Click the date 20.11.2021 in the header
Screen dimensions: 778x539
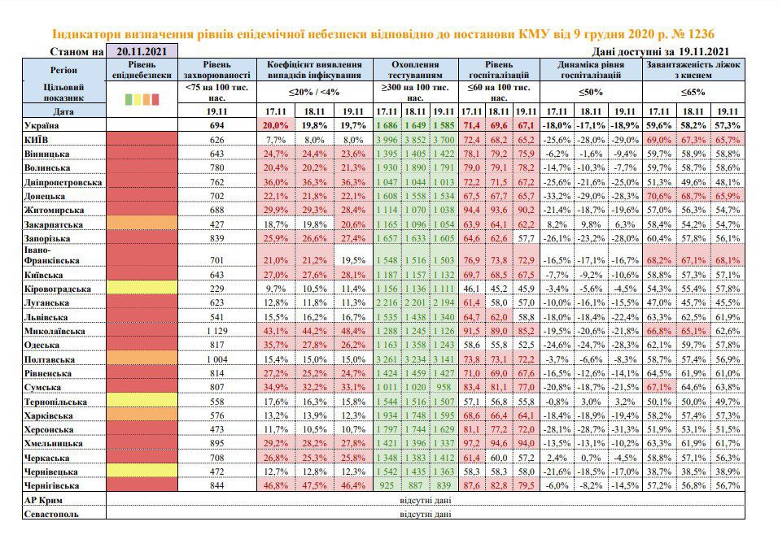[142, 51]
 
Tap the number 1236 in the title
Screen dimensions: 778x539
[701, 34]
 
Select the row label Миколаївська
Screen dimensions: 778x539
[55, 331]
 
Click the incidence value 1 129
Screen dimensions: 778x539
[216, 331]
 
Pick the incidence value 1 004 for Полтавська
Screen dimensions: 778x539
[216, 359]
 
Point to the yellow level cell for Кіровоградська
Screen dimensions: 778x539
[142, 288]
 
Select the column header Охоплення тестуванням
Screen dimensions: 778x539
[415, 70]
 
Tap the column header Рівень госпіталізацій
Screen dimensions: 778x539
[499, 70]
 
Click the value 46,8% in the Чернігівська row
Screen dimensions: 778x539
[275, 485]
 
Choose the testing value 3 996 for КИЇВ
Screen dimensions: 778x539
[387, 140]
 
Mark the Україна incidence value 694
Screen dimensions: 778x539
[216, 125]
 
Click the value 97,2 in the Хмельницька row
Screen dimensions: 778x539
[471, 443]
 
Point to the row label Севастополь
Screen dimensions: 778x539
[51, 515]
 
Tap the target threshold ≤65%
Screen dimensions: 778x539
[693, 92]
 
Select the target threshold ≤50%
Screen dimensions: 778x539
[591, 92]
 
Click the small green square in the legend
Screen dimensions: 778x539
[129, 100]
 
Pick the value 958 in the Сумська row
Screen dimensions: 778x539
[444, 387]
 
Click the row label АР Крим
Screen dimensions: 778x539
[43, 500]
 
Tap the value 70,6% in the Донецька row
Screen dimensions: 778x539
[659, 196]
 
